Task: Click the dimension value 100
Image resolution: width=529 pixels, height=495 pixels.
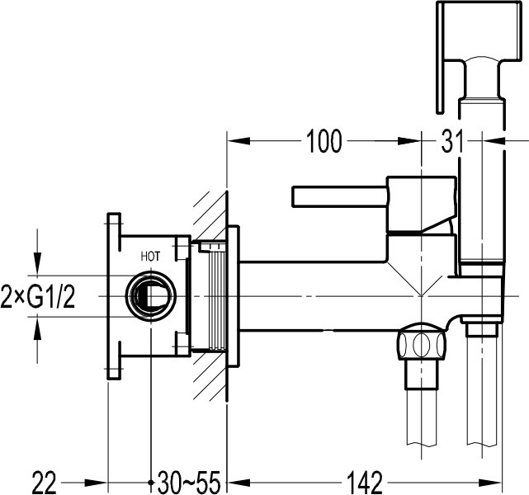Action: pyautogui.click(x=324, y=141)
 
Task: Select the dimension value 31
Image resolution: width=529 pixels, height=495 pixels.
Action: pyautogui.click(x=452, y=141)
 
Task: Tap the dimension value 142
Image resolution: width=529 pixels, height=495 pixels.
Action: pyautogui.click(x=366, y=483)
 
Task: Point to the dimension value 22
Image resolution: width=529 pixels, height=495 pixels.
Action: pyautogui.click(x=45, y=483)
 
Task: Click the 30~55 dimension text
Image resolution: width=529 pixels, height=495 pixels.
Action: pyautogui.click(x=189, y=483)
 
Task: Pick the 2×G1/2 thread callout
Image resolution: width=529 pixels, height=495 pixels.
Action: pyautogui.click(x=38, y=296)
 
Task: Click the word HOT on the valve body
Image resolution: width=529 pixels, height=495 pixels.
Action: pyautogui.click(x=150, y=257)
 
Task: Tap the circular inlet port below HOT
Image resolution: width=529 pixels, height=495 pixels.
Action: pyautogui.click(x=150, y=296)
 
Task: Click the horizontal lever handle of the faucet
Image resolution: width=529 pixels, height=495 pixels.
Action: pyautogui.click(x=339, y=196)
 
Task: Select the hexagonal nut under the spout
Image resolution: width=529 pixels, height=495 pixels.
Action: pyautogui.click(x=421, y=342)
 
